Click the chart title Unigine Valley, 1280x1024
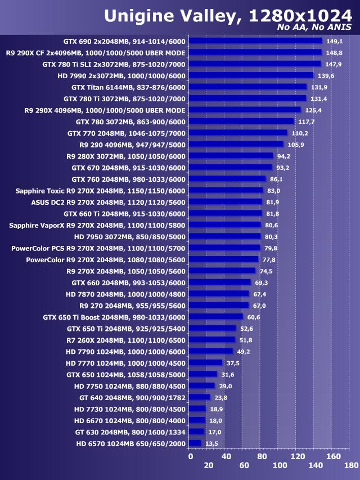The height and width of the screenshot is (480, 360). coord(227,15)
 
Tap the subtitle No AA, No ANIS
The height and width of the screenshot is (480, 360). coord(315,28)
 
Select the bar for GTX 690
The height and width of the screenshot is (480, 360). coord(255,41)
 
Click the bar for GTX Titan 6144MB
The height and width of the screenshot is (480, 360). coord(247,87)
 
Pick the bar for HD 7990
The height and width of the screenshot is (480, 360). coord(251,75)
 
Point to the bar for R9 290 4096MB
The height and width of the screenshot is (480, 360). coord(236,144)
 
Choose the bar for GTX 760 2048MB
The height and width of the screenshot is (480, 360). coord(227,178)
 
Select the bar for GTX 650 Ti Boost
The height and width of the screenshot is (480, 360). coord(216,317)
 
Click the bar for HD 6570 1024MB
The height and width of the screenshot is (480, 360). coord(195,443)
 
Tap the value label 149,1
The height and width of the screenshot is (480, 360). coord(335,41)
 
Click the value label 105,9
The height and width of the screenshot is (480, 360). coord(296,144)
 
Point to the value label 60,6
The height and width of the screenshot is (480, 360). coord(255,317)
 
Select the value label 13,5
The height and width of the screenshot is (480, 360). coord(212,443)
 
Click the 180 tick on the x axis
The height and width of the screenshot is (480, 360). coord(352,465)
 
